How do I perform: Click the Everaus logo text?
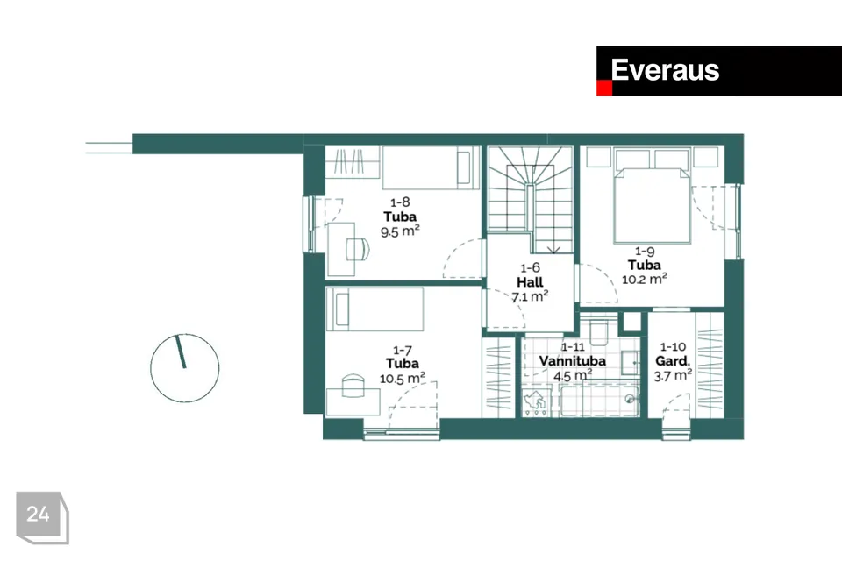click(665, 70)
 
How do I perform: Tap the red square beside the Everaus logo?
click(604, 88)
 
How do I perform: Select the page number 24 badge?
click(42, 517)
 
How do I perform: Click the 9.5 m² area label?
click(400, 231)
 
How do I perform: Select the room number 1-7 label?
click(403, 351)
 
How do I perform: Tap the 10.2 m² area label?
click(645, 279)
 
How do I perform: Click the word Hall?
click(530, 282)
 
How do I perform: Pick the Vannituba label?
click(573, 361)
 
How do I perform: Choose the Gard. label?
click(673, 361)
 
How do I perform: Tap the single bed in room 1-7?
click(375, 309)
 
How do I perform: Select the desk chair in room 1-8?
click(358, 249)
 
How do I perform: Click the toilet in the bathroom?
click(599, 330)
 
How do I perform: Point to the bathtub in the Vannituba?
click(600, 400)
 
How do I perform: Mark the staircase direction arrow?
click(553, 249)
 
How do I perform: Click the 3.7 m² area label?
click(673, 375)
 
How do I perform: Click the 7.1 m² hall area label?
click(530, 295)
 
